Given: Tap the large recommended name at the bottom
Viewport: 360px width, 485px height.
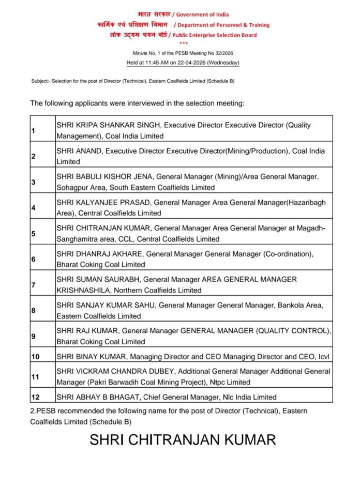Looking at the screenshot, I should point(183,440).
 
